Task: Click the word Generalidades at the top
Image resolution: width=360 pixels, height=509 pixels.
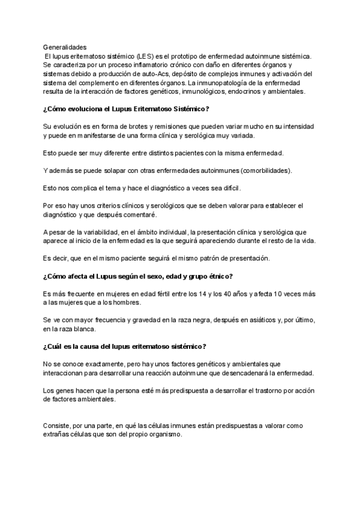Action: [65, 46]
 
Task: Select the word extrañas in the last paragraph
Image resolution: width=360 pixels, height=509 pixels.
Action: [58, 434]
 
